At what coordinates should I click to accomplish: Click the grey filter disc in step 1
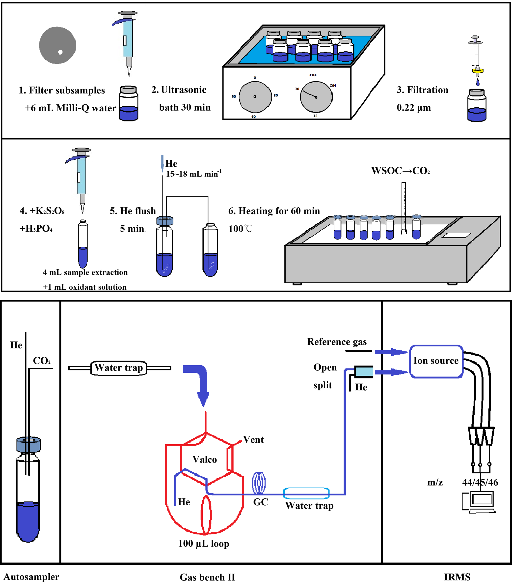click(57, 45)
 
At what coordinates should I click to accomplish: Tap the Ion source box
click(436, 361)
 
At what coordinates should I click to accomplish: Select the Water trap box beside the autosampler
click(119, 368)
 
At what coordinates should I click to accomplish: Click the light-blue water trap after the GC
click(306, 493)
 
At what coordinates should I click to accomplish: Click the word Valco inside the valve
click(205, 459)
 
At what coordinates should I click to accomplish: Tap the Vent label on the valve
click(253, 440)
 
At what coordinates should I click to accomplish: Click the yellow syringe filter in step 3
click(478, 71)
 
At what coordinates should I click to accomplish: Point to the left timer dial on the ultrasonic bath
click(255, 97)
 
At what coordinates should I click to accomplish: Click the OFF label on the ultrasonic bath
click(313, 75)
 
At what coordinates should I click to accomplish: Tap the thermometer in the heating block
click(403, 208)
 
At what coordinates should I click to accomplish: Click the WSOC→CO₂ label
click(400, 171)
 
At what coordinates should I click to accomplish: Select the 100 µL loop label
click(203, 544)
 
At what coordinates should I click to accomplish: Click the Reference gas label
click(337, 342)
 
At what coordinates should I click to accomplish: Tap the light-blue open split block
click(364, 371)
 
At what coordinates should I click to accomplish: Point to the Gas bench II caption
click(207, 577)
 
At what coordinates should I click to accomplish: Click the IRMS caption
click(457, 577)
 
